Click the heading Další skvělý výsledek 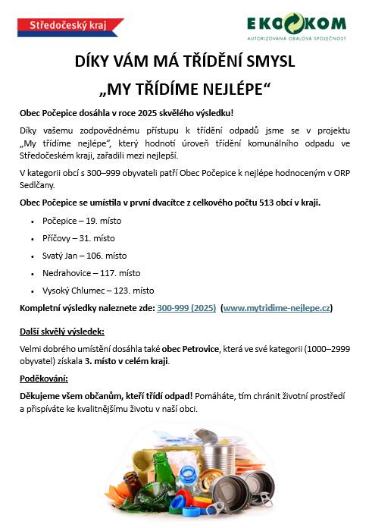[x=62, y=332]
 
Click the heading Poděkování [x=44, y=378]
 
